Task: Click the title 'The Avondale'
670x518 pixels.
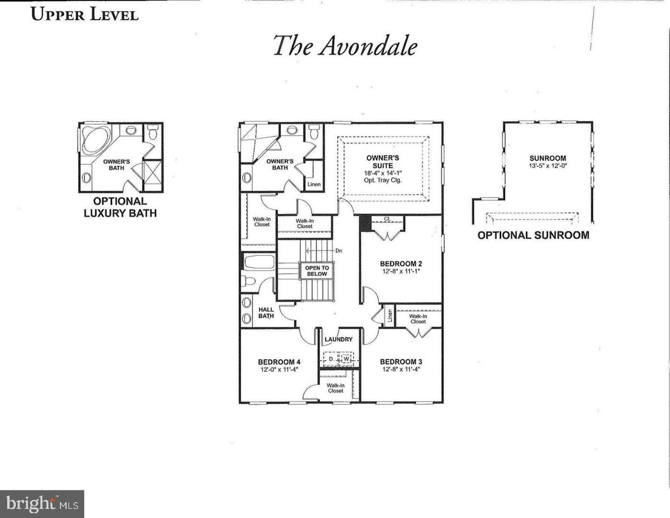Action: click(x=345, y=46)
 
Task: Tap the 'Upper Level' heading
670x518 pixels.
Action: click(x=85, y=14)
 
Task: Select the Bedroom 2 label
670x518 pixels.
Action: click(x=401, y=264)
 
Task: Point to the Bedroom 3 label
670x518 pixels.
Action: click(x=401, y=362)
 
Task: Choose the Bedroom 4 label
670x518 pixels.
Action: click(x=279, y=362)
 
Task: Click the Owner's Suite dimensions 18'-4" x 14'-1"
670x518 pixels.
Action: click(x=382, y=173)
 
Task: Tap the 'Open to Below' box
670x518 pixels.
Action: click(x=317, y=271)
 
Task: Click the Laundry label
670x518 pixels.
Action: click(x=339, y=339)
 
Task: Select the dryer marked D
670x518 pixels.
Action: click(x=330, y=359)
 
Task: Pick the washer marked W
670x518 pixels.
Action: click(x=346, y=359)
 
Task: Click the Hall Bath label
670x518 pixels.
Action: click(x=266, y=313)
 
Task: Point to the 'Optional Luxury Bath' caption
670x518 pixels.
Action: click(x=120, y=207)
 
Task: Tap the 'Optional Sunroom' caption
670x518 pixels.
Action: click(x=533, y=235)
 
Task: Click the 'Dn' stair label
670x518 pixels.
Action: click(x=339, y=250)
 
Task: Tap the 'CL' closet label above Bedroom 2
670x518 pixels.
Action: click(x=387, y=219)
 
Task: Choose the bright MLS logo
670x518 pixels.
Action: click(x=42, y=504)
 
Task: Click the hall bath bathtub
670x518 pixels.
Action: click(x=259, y=263)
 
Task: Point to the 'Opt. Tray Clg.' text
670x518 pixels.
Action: click(x=382, y=180)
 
